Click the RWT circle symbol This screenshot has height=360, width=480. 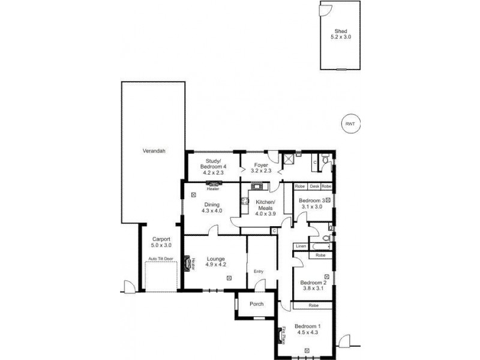click(x=350, y=124)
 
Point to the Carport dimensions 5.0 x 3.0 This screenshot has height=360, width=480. click(x=161, y=245)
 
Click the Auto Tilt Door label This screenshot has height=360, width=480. click(x=161, y=259)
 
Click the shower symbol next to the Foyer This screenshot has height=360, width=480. click(x=289, y=159)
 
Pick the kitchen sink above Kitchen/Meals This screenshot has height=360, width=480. click(x=256, y=185)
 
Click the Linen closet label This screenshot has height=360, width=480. click(x=301, y=247)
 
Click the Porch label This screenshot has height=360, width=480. click(x=256, y=304)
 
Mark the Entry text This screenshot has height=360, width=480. click(x=259, y=271)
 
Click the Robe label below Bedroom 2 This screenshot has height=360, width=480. click(x=313, y=305)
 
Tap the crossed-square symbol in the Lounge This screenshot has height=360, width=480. click(x=230, y=278)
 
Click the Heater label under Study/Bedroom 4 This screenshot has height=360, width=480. click(x=212, y=188)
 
